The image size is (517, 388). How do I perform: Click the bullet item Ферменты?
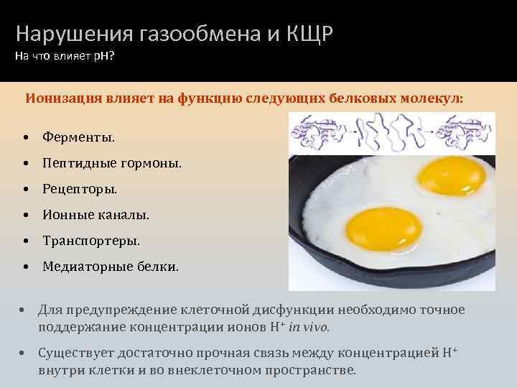[78, 137]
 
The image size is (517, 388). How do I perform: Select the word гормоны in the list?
[152, 163]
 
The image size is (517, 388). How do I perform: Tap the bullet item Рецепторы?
[79, 189]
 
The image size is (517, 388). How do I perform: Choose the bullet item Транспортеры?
[91, 241]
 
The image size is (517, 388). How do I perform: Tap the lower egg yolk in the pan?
[376, 228]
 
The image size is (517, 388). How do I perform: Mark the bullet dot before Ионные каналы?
[25, 216]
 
